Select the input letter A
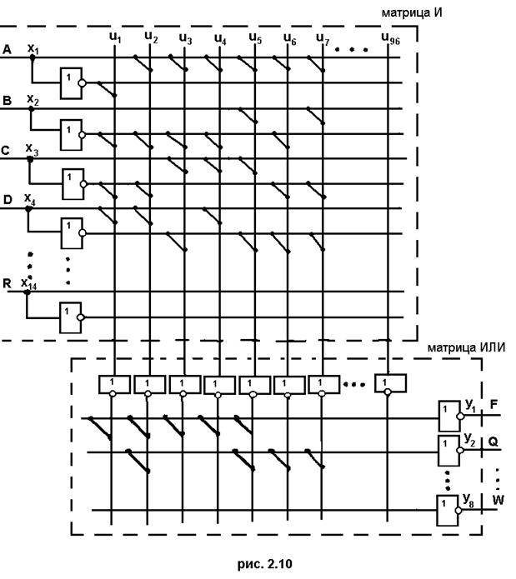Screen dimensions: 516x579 click(8, 51)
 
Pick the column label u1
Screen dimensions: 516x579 click(115, 37)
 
